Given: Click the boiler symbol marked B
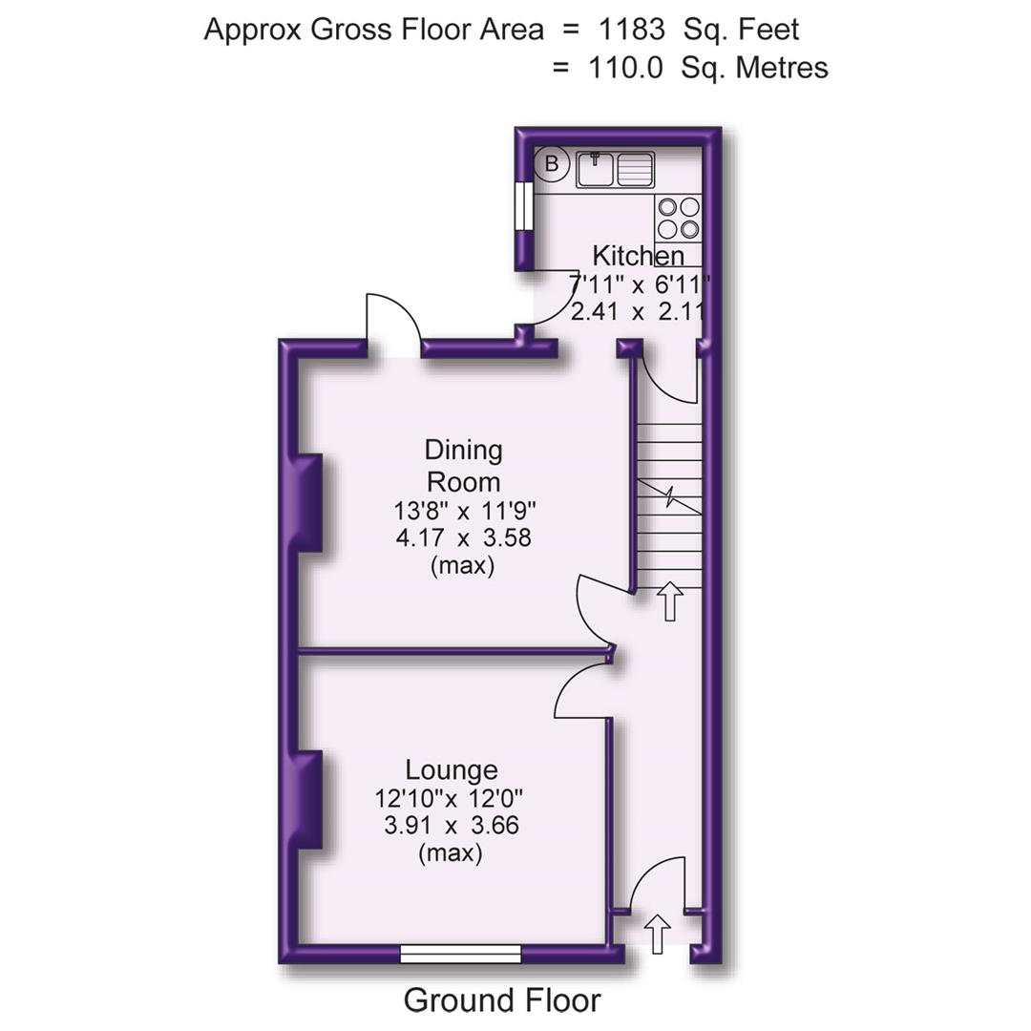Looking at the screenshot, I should tap(551, 164).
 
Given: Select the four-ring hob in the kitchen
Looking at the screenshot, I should tap(678, 217).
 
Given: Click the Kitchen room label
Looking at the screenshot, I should tap(638, 256).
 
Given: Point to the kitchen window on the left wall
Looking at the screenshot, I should tap(522, 205).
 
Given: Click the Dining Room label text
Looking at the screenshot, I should tap(464, 465).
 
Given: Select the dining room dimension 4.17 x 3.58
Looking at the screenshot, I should tap(464, 537).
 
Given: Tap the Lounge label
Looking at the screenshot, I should tap(452, 769).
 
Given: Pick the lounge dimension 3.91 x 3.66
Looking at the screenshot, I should tap(452, 825).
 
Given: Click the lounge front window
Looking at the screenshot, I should tap(461, 953).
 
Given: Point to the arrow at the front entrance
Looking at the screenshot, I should tap(658, 934).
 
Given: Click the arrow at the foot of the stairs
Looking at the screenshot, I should tap(669, 601).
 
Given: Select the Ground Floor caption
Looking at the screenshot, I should tap(502, 1000).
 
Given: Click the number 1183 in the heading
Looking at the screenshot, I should tap(631, 29).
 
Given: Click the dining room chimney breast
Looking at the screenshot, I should tap(307, 503).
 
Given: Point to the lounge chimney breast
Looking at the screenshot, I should tap(307, 799).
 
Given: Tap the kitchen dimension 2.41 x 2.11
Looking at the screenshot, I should tap(638, 311).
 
